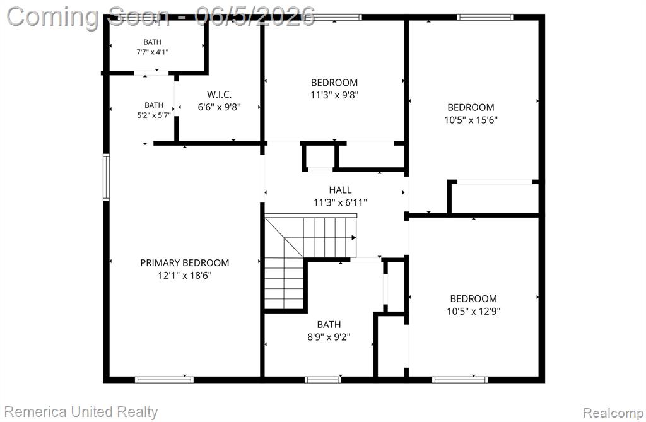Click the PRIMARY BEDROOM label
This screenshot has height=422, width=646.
click(185, 262)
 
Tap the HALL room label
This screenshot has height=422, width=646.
click(340, 190)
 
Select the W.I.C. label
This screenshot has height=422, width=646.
click(219, 95)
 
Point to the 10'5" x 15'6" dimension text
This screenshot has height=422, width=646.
click(471, 120)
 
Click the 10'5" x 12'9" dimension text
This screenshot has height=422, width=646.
click(473, 311)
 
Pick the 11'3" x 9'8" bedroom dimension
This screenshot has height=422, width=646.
click(334, 95)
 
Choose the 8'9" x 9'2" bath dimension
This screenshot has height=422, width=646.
click(329, 337)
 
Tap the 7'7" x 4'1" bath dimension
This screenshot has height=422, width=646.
click(153, 52)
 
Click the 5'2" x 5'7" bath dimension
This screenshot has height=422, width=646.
click(154, 115)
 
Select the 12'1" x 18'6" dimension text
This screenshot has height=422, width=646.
click(185, 275)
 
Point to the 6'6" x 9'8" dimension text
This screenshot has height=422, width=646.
click(219, 107)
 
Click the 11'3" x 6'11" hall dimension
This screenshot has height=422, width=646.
click(340, 202)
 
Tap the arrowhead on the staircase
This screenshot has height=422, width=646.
click(354, 238)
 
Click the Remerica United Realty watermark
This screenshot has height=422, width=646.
click(81, 412)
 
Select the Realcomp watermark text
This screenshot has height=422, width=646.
click(613, 413)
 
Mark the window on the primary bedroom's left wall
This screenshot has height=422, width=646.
click(106, 177)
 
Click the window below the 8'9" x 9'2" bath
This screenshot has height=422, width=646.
click(323, 380)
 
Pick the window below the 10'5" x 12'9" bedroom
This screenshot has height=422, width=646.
click(460, 380)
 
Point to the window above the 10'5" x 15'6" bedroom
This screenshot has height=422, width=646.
click(484, 17)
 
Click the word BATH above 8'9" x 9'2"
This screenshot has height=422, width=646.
click(329, 325)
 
